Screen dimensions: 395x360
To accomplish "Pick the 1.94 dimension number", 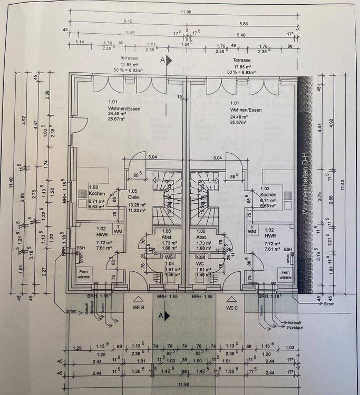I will pos(186,44).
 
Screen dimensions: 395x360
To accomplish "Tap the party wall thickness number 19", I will pos(180,96).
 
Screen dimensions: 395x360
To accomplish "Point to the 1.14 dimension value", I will pos(80,42).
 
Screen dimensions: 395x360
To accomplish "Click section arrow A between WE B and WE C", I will pos(164,315).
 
